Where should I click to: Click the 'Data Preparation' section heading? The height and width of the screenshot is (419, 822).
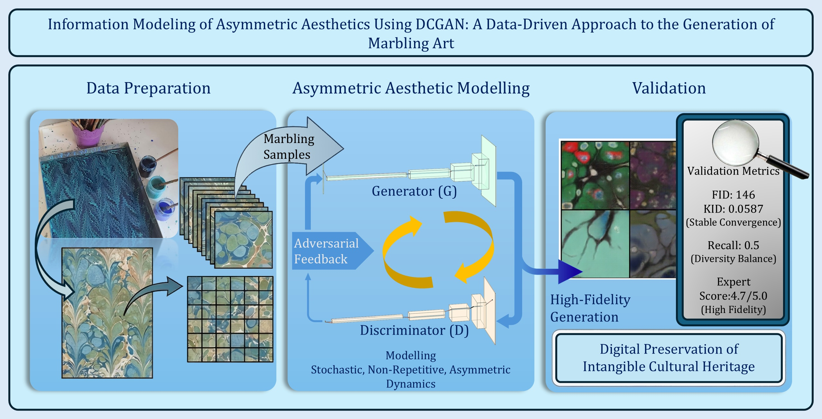148,88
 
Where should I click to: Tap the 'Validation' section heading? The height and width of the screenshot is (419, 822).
669,88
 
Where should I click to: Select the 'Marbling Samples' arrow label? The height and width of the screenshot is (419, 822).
288,147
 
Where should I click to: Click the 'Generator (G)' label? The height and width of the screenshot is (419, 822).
414,191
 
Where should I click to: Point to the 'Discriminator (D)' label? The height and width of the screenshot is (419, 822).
414,330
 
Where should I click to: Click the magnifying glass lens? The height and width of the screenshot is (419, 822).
735,141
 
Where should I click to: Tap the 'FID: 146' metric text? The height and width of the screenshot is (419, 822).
733,195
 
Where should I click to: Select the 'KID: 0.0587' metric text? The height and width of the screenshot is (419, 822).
733,209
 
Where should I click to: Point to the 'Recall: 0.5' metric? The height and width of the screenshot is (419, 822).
733,245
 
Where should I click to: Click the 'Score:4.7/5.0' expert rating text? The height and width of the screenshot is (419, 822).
733,296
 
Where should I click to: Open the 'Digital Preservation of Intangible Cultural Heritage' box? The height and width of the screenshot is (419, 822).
669,358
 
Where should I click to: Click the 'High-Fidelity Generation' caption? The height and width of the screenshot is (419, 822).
590,308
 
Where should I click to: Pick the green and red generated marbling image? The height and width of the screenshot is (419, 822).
595,176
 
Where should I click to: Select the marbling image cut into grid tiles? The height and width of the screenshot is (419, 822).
230,319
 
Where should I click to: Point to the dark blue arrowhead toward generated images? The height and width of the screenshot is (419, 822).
569,271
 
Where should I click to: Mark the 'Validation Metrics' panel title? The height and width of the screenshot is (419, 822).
733,171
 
